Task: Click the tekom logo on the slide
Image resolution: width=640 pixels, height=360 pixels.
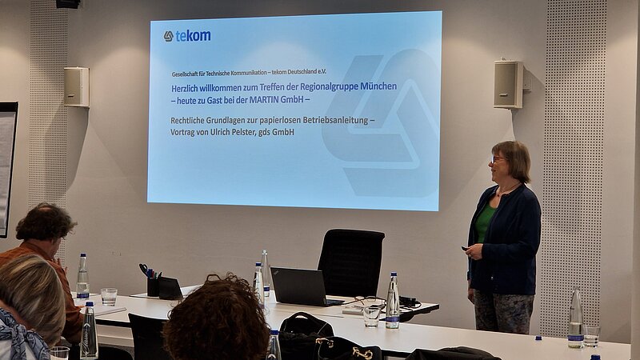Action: point(187,36)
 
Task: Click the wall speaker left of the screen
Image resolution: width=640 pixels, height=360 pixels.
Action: point(76,87)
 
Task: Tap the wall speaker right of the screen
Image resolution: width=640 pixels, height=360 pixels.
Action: point(508,85)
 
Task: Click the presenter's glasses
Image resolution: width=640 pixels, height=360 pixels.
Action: point(498,158)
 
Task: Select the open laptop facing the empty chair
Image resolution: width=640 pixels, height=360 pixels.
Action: point(302,286)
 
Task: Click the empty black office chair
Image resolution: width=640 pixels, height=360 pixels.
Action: point(350,263)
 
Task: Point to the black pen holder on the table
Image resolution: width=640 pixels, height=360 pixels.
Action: point(153,286)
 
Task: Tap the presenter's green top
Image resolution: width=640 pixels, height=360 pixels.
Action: point(484,222)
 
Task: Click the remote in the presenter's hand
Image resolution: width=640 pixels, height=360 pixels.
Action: point(466,248)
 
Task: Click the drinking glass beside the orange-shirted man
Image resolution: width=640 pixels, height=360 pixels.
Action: point(109,297)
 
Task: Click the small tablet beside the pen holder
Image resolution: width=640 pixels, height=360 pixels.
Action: point(170,288)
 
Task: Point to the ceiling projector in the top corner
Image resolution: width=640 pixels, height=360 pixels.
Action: point(68,4)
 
